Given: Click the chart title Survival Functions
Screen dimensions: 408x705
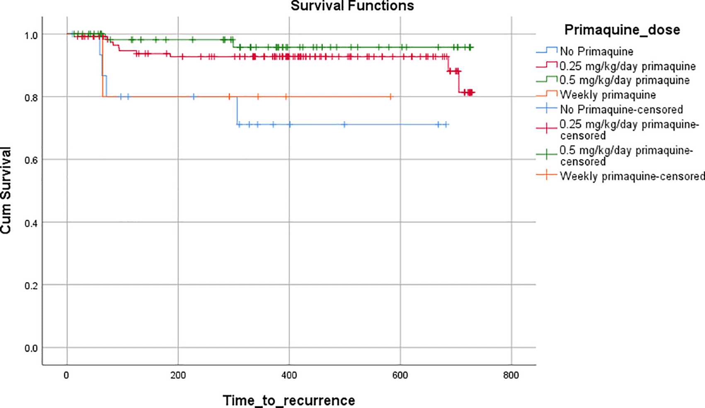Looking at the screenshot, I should (352, 6).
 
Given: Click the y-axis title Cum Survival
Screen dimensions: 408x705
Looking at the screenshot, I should (6, 191).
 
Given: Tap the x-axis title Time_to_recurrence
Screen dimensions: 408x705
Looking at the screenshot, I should (289, 401).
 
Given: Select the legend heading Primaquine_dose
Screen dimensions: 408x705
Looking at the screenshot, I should (622, 30).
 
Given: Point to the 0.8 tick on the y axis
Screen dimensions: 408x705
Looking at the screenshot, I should (31, 98).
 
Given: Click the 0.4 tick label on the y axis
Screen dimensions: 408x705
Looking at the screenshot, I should (31, 223).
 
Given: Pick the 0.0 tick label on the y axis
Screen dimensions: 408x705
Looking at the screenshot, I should (31, 348).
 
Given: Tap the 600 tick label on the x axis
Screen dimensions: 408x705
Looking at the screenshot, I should (400, 375).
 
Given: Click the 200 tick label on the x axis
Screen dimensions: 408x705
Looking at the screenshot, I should (178, 375).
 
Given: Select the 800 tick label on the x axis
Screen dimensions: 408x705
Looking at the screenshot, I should (511, 375).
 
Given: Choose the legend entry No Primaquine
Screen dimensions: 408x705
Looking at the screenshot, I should (596, 51).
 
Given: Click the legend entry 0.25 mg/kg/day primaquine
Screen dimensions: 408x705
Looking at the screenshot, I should (627, 66).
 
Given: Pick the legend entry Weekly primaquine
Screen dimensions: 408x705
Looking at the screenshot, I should (608, 95).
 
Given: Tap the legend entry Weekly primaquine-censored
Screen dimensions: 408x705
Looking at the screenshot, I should (632, 176).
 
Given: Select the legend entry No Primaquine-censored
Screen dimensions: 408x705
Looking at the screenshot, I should (621, 109).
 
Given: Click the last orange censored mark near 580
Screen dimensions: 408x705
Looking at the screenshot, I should (391, 97).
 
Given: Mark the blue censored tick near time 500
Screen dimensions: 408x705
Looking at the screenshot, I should (344, 124).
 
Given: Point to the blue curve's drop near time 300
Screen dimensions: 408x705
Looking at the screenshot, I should (237, 111).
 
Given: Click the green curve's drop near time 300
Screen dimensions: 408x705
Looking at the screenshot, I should (233, 43).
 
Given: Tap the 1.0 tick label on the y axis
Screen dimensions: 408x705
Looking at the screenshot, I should (31, 35).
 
